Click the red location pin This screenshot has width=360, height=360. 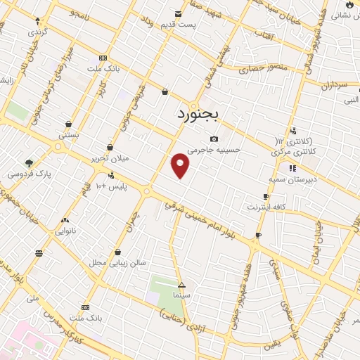[x=181, y=165]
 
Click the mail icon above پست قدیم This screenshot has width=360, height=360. [x=177, y=13]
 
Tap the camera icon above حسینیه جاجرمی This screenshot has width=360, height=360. [x=213, y=139]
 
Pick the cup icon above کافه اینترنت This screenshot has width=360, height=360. [x=266, y=197]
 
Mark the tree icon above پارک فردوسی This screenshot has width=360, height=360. [x=29, y=162]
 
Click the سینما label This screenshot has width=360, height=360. [x=181, y=295]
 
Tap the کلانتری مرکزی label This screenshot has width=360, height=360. [x=293, y=151]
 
